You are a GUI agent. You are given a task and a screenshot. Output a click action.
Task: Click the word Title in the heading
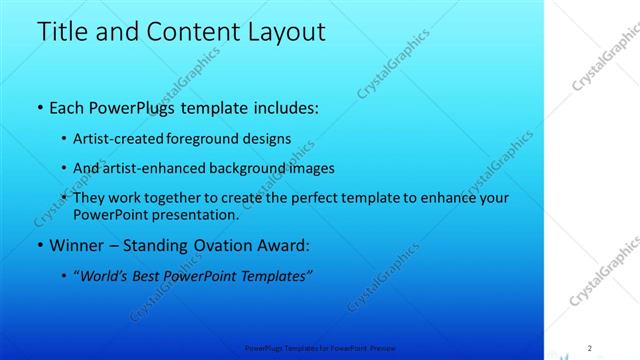(x=62, y=32)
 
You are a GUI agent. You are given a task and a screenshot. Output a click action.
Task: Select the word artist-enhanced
(x=152, y=169)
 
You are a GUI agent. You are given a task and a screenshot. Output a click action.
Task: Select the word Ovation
(x=227, y=245)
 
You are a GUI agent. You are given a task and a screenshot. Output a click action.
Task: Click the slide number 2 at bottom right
(x=590, y=347)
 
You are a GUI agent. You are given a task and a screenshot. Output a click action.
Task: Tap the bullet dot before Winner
(x=39, y=246)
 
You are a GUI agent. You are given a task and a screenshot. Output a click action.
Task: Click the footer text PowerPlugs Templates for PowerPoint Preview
(x=320, y=348)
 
